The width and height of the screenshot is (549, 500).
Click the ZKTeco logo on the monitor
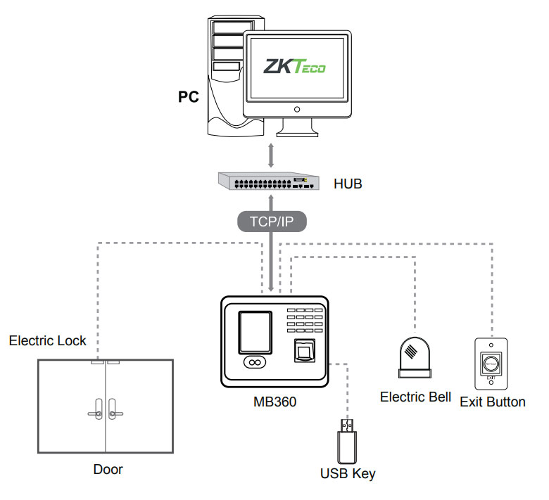click(294, 66)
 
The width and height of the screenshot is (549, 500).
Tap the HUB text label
click(348, 185)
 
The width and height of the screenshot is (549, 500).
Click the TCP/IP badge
click(272, 223)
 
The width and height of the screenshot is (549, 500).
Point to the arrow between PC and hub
click(271, 154)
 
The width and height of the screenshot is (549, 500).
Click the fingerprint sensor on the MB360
click(303, 350)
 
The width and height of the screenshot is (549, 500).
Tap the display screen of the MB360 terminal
click(253, 333)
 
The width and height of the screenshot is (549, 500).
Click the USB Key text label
click(348, 473)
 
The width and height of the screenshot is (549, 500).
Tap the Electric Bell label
click(415, 397)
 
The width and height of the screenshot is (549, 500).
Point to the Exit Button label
click(492, 402)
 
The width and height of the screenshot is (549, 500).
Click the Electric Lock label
click(47, 341)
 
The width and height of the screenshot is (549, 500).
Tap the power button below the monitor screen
click(297, 109)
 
